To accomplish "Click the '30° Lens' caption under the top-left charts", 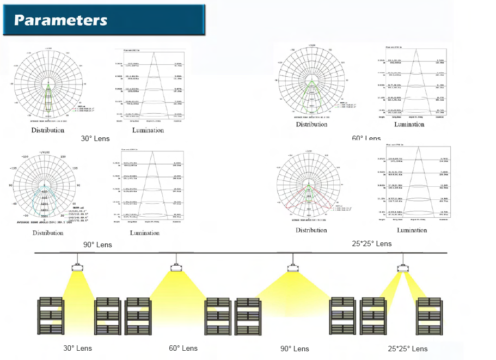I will click(95, 139).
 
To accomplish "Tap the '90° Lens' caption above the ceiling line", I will click(97, 245).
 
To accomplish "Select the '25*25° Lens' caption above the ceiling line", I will click(372, 243).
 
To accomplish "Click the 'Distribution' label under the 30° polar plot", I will click(48, 130).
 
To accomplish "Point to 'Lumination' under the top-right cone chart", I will click(409, 125).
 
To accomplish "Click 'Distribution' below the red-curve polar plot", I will click(311, 230).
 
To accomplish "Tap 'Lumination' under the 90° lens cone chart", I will click(145, 233).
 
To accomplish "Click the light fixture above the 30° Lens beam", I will click(77, 267).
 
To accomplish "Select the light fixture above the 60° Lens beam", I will click(175, 267).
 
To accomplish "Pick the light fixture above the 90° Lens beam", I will click(294, 268).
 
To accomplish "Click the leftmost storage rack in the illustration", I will click(51, 316).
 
